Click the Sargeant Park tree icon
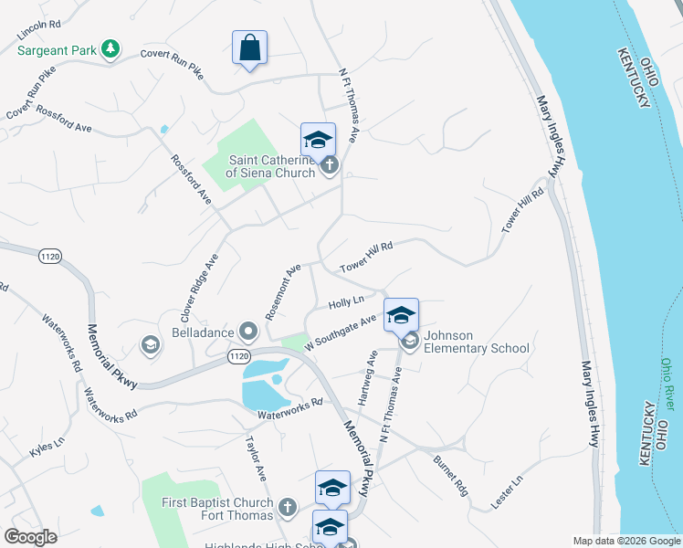pyautogui.click(x=110, y=47)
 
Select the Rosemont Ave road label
pyautogui.click(x=283, y=291)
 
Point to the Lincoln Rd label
pyautogui.click(x=38, y=28)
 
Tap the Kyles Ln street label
pyautogui.click(x=47, y=447)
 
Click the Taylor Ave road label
pyautogui.click(x=255, y=458)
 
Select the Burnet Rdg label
pyautogui.click(x=450, y=474)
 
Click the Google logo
pyautogui.click(x=30, y=537)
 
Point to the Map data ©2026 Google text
pyautogui.click(x=626, y=541)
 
